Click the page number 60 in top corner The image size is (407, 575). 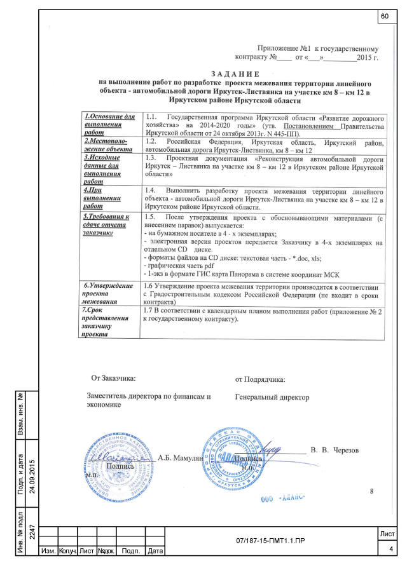[x=385, y=15]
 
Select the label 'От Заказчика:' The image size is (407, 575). [x=113, y=379]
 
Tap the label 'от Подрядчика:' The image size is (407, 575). [x=260, y=379]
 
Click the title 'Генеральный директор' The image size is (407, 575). [x=272, y=397]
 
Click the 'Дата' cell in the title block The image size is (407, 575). [x=155, y=550]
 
